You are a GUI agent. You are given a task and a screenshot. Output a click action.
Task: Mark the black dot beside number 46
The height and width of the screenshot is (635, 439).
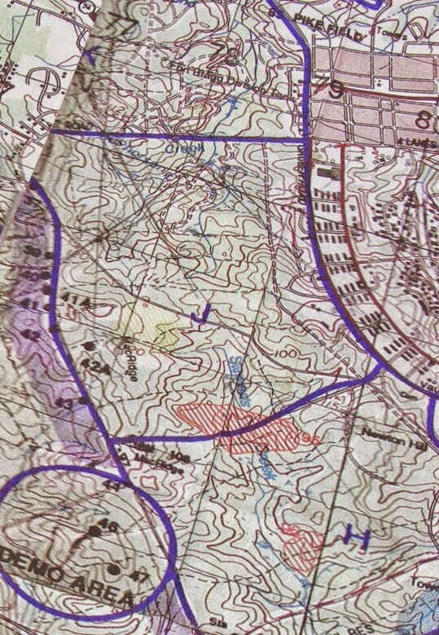pyautogui.click(x=93, y=531)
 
